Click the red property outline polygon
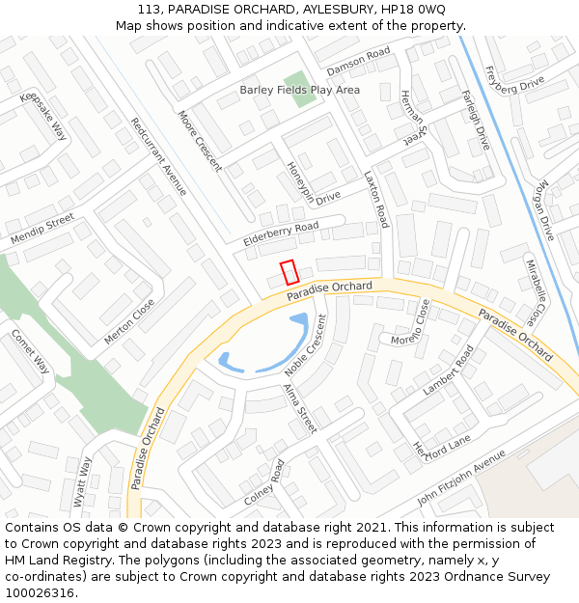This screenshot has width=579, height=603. click(289, 272)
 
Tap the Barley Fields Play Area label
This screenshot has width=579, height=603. click(299, 90)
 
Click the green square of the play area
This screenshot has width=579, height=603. click(299, 90)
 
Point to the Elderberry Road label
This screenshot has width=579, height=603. click(281, 233)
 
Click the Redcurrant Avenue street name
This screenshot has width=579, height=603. click(158, 156)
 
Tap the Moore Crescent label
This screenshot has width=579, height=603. click(200, 141)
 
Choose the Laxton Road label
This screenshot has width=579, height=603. click(375, 200)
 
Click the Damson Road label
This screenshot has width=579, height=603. click(358, 60)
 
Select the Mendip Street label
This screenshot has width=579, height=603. click(42, 229)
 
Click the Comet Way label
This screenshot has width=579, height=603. click(30, 351)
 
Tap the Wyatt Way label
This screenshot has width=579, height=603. click(83, 481)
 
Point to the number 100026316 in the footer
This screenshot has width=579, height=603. click(40, 592)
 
